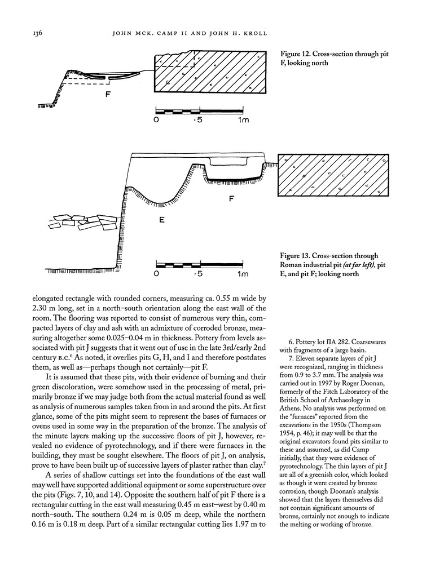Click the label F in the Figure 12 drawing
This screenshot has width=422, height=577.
click(x=107, y=94)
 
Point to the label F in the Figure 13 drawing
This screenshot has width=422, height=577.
click(x=231, y=199)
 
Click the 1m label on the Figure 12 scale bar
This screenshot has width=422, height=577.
click(x=244, y=120)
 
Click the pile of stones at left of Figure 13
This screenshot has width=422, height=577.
click(x=82, y=225)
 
